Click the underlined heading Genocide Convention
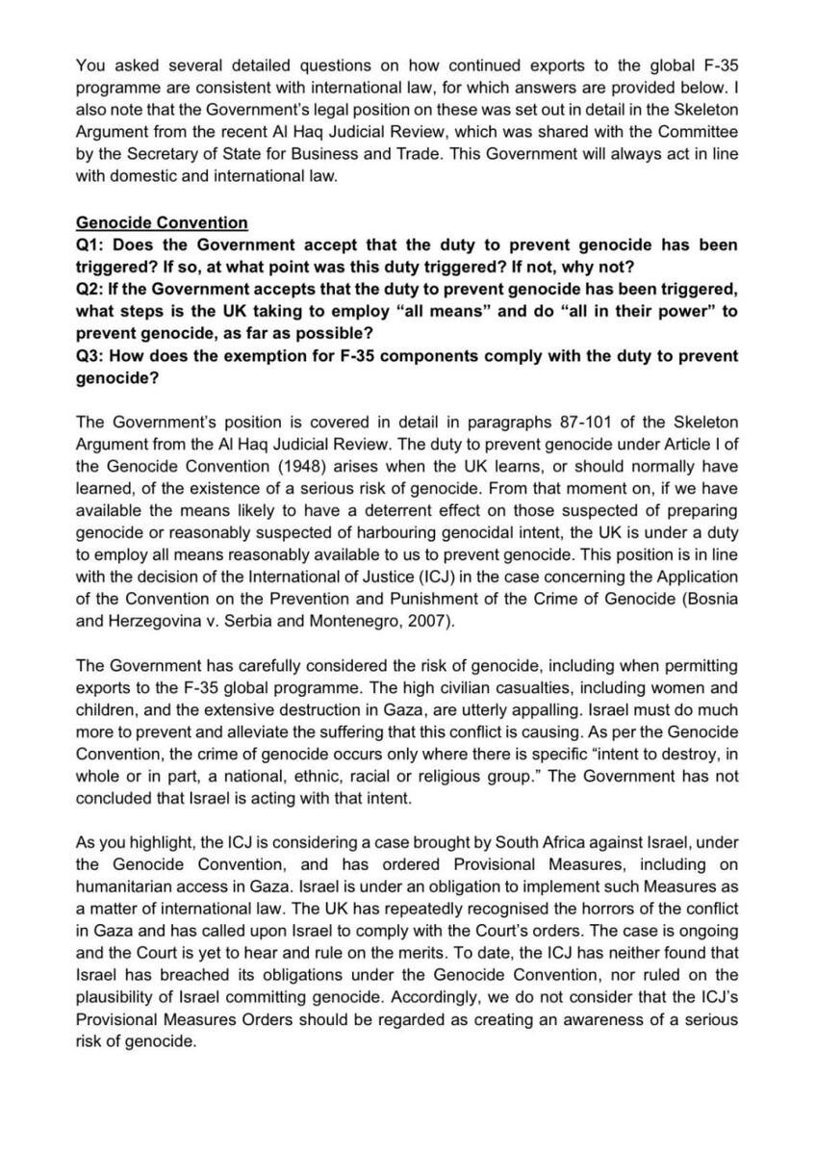click(x=161, y=223)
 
